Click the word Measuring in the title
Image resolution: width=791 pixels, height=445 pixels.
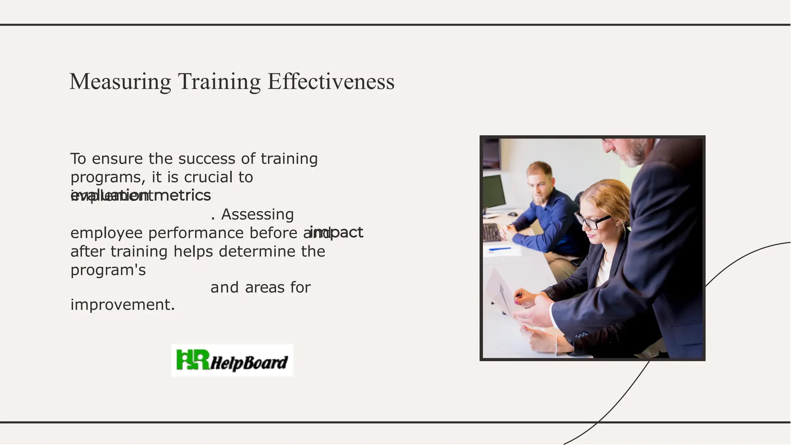(x=120, y=82)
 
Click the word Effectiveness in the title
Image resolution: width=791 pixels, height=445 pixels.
(x=331, y=82)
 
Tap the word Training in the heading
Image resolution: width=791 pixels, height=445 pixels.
(x=219, y=82)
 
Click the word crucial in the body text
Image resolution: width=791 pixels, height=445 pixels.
(x=209, y=177)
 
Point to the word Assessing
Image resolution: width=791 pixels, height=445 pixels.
(x=257, y=214)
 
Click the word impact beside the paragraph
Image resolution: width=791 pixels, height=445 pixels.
(x=337, y=232)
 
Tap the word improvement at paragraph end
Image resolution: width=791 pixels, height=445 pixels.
(x=122, y=305)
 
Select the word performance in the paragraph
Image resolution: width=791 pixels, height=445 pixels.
(x=196, y=233)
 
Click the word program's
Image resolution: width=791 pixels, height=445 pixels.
(x=108, y=270)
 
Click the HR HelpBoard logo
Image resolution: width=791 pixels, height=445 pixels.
(x=232, y=360)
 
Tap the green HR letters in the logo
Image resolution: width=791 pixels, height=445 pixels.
(x=192, y=359)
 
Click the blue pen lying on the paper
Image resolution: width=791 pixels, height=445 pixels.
(x=499, y=249)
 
